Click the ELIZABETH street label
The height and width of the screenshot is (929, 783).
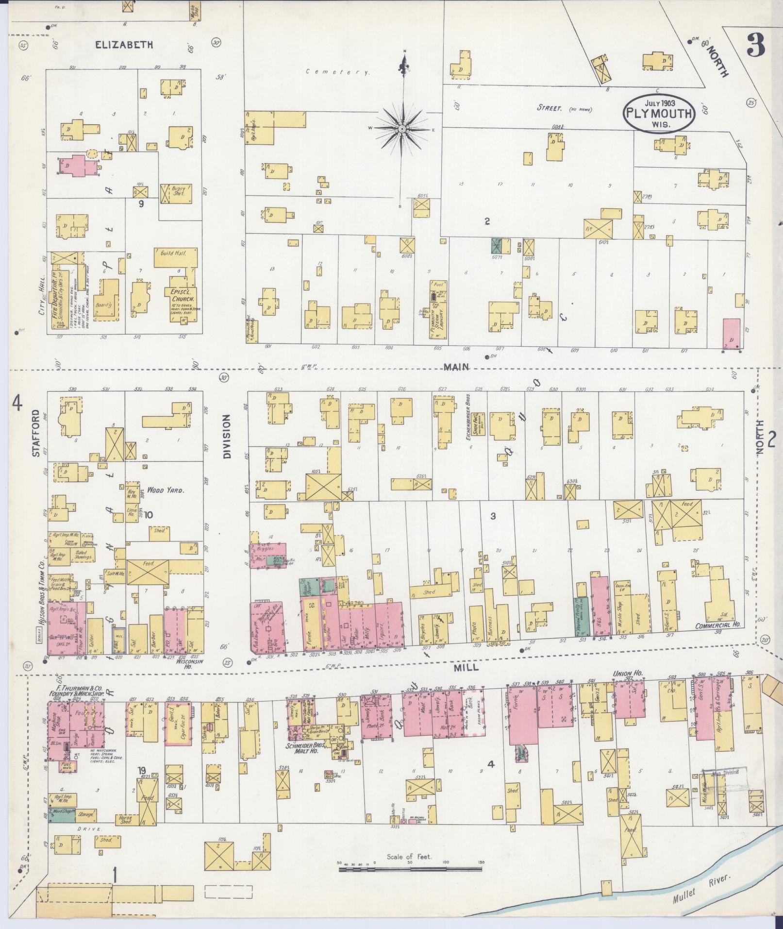(124, 45)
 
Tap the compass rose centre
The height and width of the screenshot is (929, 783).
(402, 129)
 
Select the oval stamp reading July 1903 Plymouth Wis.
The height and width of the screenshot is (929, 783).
(660, 113)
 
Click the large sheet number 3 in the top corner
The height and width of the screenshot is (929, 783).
(757, 44)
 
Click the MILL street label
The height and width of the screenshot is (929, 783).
(466, 668)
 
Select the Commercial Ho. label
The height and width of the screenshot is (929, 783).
(718, 625)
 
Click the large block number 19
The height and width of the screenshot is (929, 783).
(141, 770)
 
